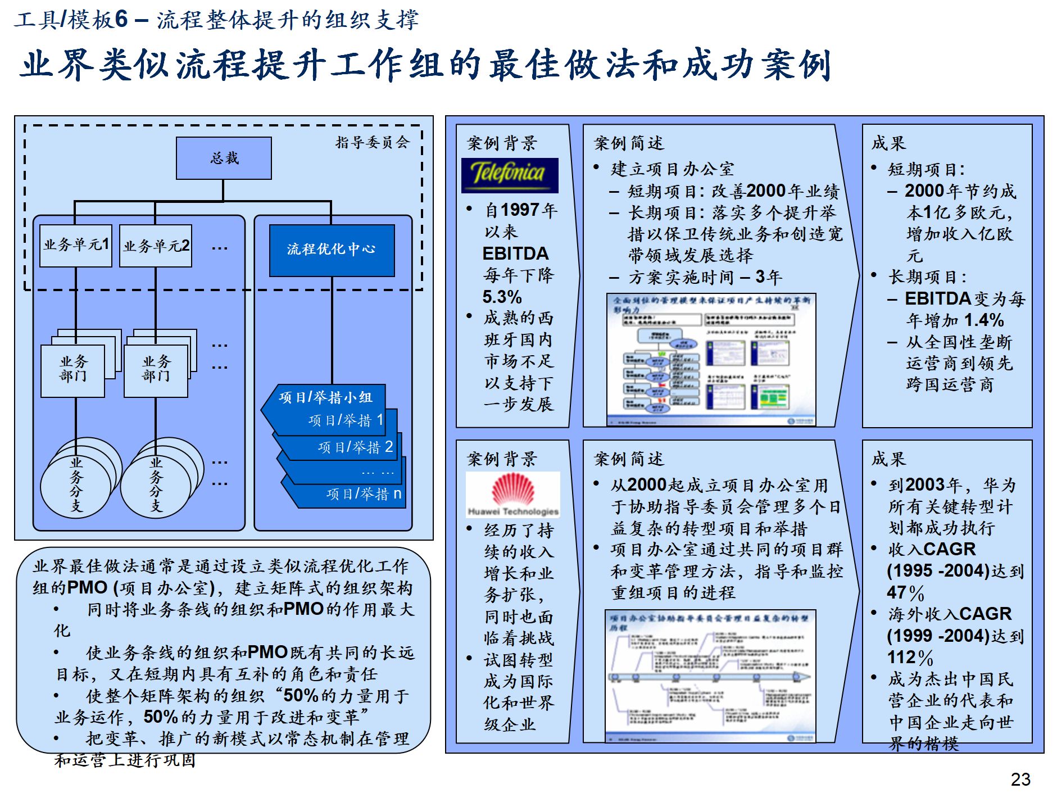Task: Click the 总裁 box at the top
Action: (224, 158)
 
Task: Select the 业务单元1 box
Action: (76, 245)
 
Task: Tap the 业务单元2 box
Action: (156, 246)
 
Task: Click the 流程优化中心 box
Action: (332, 250)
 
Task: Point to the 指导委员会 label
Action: (372, 143)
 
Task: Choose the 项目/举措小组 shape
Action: (325, 397)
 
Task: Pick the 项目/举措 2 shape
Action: (355, 447)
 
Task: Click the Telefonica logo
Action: (509, 175)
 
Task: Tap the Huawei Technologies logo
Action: (513, 495)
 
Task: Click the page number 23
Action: (1020, 779)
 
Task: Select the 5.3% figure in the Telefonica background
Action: (502, 297)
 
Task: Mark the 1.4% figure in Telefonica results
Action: (983, 320)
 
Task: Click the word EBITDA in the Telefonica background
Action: (515, 253)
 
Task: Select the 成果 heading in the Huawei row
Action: (888, 459)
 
